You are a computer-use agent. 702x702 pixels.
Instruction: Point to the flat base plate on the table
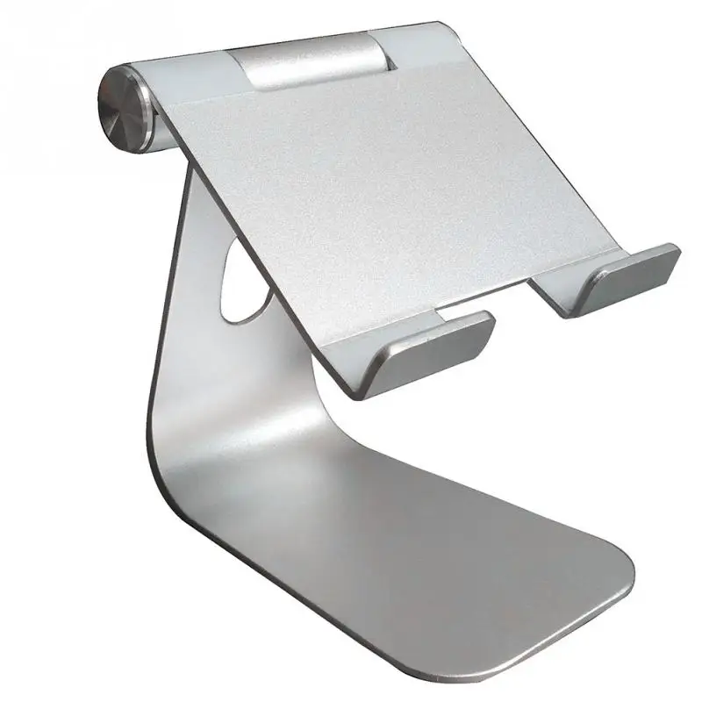pyautogui.click(x=421, y=562)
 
